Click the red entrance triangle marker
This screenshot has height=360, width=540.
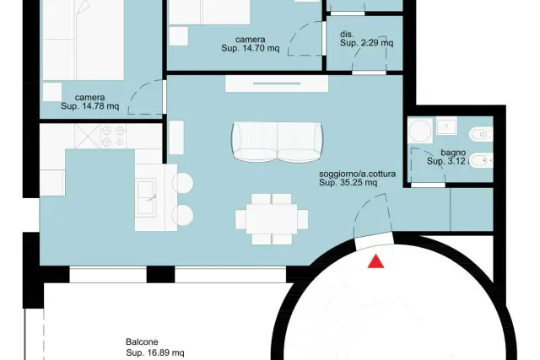point(375,261)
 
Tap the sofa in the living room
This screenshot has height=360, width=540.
point(278,142)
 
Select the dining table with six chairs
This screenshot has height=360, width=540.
point(272,219)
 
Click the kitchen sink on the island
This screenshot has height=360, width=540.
point(147,197)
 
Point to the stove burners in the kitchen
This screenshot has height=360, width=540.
point(113,136)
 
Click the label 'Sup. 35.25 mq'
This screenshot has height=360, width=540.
point(348,182)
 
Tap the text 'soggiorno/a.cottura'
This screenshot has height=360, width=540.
point(357,174)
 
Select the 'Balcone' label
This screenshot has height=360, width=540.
point(142,341)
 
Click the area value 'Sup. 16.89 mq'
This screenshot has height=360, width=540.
point(155,352)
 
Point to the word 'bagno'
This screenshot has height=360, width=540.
point(453,153)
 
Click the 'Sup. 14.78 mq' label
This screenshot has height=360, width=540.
point(90,106)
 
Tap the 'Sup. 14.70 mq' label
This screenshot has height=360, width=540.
point(251,48)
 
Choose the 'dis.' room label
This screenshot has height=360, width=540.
point(347,35)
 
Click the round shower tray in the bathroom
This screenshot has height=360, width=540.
point(420,131)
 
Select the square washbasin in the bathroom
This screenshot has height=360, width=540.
point(446,126)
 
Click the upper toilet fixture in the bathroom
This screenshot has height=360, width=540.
point(481,134)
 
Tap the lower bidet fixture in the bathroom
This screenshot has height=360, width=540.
point(481,160)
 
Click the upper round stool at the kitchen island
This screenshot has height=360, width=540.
point(182,183)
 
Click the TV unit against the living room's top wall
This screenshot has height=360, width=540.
point(277,83)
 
